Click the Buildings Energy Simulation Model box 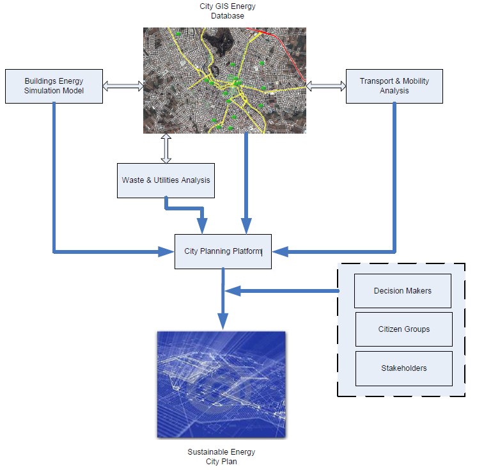coord(54,86)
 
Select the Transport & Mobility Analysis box coord(394,86)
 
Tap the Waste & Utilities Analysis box coord(166,180)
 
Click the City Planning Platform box coord(222,251)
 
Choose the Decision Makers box coord(402,291)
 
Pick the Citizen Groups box coord(403,329)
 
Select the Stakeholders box coord(403,368)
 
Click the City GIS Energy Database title coord(227,12)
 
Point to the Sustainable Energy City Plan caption coord(221,457)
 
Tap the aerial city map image coord(224,81)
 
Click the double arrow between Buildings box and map coord(123,86)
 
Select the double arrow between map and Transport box coord(326,85)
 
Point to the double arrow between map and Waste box coord(166,148)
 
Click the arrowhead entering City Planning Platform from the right coord(279,252)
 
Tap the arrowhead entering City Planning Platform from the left coord(168,252)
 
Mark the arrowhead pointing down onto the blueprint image coord(222,322)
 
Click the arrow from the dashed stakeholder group coord(281,291)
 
